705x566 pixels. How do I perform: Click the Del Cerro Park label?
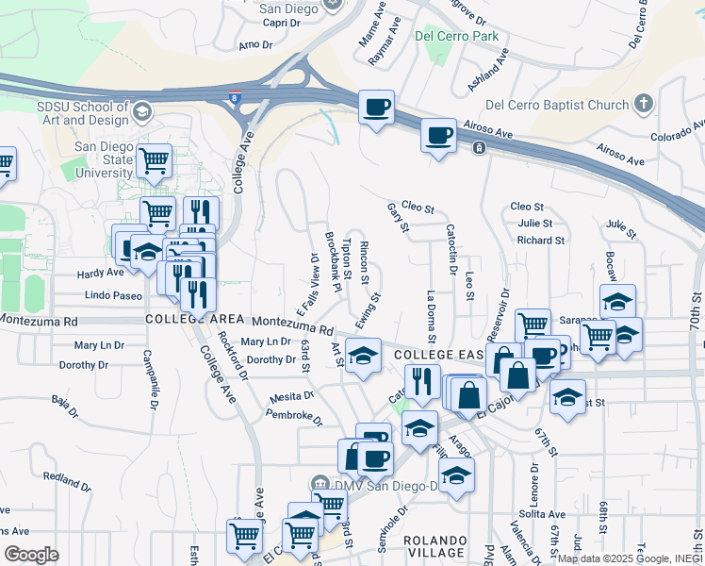click(x=456, y=37)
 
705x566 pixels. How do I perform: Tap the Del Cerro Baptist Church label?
click(x=557, y=105)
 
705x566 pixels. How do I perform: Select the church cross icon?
click(x=644, y=103)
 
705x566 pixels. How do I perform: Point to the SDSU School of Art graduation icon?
click(x=141, y=112)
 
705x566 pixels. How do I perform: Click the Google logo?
click(x=31, y=555)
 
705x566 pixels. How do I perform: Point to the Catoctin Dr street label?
click(x=451, y=243)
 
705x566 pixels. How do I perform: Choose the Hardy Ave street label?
click(x=100, y=273)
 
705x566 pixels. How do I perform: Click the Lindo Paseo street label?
click(x=113, y=296)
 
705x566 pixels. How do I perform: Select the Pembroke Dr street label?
click(x=294, y=414)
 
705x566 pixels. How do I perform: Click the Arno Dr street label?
click(x=255, y=44)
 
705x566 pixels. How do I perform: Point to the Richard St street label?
click(x=541, y=241)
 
